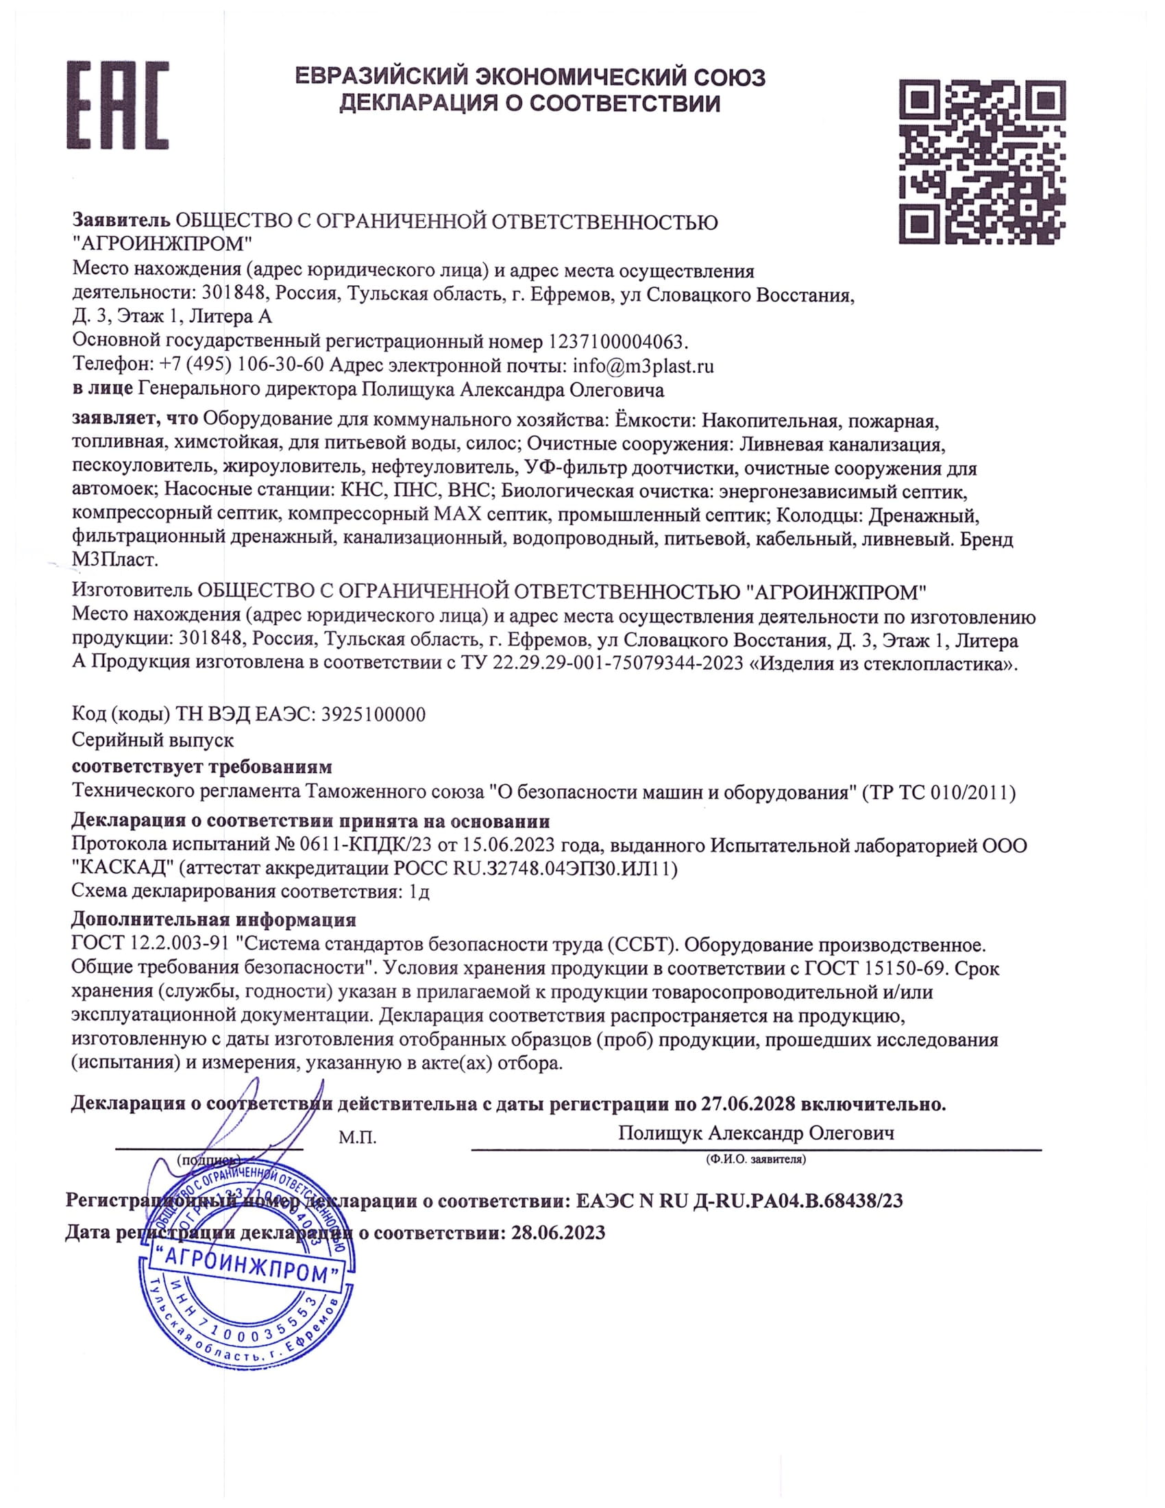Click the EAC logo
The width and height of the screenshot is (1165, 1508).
[x=117, y=105]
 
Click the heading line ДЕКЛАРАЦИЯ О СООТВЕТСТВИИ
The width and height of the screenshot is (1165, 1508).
[x=530, y=104]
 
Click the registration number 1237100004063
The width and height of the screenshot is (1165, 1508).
[x=617, y=341]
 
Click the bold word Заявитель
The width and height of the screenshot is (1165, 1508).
[x=121, y=221]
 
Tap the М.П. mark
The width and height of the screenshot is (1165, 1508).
[x=358, y=1138]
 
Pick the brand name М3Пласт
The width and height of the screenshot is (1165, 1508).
[x=115, y=560]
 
